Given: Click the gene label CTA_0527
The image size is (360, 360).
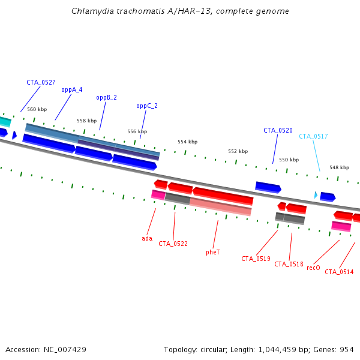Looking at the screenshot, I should click(41, 82).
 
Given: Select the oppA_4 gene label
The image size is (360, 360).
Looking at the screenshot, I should click(72, 90).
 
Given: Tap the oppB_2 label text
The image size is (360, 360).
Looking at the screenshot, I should click(106, 97).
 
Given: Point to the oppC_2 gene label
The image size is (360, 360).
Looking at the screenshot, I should click(147, 106).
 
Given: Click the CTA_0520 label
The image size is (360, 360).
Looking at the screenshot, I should click(278, 130).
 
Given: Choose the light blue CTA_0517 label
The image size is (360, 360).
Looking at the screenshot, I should click(313, 136).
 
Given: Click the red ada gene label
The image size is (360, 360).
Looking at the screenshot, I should click(147, 238).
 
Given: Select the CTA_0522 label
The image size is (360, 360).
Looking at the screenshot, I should click(173, 244).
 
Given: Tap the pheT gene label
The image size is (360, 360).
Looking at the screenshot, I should click(213, 252).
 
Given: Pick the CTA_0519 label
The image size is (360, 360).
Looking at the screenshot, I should click(256, 259).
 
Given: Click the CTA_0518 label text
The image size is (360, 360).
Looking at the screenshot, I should click(289, 264).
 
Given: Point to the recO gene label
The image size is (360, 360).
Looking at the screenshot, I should click(313, 268).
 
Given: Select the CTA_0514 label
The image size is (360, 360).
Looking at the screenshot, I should click(339, 272).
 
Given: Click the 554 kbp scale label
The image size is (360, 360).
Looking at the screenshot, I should click(187, 142).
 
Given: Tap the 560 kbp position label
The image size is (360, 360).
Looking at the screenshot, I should click(37, 109).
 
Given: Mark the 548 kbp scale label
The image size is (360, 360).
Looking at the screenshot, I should click(339, 167).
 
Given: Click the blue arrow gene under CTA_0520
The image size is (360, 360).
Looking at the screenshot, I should click(268, 187).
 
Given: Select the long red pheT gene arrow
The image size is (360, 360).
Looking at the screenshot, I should click(222, 195).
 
